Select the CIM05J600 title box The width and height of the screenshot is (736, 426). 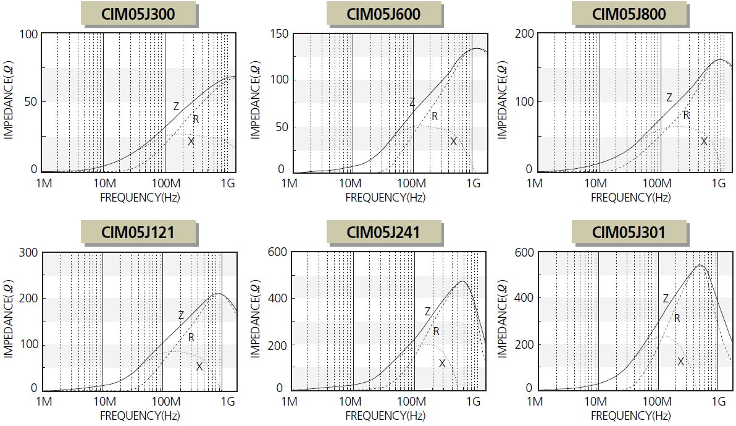(x=384, y=14)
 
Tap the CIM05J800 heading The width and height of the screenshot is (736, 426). (x=629, y=14)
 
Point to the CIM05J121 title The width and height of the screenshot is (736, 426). (x=138, y=232)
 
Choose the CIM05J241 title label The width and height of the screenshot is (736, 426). (x=384, y=232)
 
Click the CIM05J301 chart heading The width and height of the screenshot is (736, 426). (x=629, y=232)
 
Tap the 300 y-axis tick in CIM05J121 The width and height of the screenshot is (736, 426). (x=29, y=252)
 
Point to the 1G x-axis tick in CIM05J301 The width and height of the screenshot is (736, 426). (x=717, y=402)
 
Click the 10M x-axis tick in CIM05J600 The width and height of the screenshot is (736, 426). (x=351, y=183)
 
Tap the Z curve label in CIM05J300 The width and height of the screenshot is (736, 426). (x=176, y=106)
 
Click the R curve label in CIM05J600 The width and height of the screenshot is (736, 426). (x=435, y=116)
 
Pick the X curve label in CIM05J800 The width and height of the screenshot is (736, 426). (x=704, y=142)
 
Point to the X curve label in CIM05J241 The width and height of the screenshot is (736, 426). (x=442, y=364)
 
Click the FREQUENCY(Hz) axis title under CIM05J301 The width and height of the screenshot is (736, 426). (x=630, y=415)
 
